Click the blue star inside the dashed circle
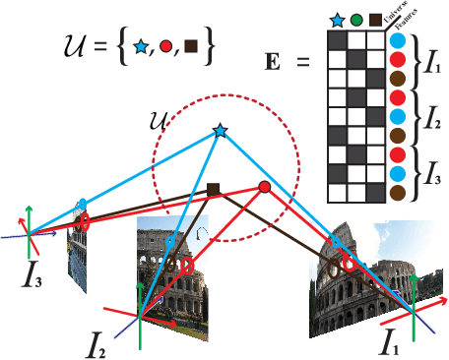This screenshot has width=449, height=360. click(220, 130)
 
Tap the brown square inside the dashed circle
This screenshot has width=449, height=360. click(213, 189)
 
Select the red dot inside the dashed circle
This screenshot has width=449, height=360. click(264, 187)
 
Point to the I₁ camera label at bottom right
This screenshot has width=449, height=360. click(391, 344)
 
